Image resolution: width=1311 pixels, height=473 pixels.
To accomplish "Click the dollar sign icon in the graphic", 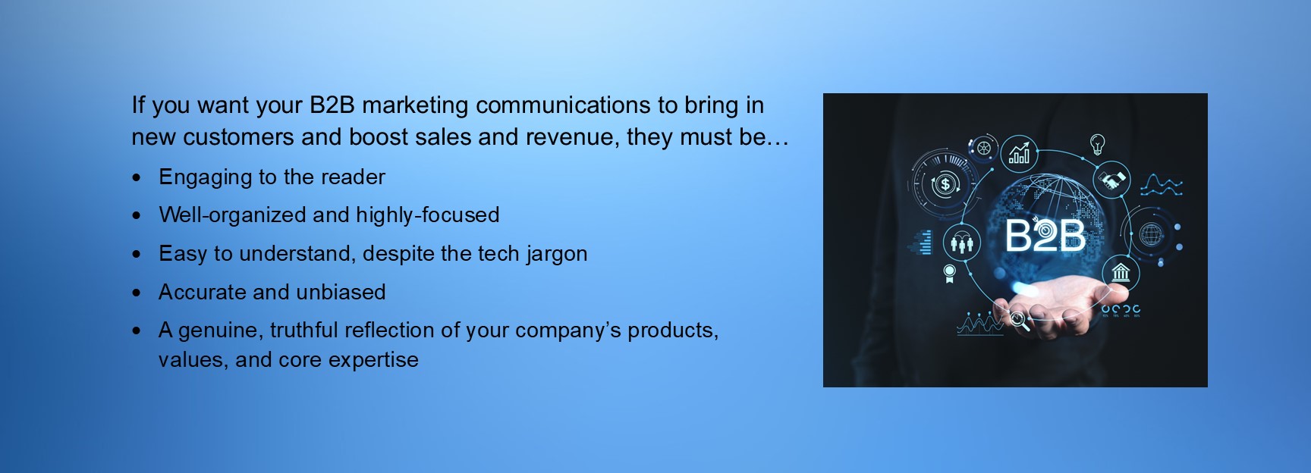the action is [x=945, y=183].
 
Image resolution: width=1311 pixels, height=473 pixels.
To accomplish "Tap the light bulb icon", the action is [x=1097, y=144].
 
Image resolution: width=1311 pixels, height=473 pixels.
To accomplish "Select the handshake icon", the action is [x=1112, y=180].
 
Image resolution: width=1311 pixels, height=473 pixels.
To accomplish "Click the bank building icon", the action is [x=1121, y=271].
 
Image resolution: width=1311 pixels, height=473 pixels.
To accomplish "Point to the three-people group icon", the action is [x=961, y=243].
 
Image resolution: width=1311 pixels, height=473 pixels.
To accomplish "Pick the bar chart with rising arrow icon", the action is [x=1020, y=154].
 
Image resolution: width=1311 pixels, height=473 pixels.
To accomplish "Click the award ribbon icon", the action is [x=948, y=274].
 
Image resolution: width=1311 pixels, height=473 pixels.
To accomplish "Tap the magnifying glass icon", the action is [x=1019, y=321].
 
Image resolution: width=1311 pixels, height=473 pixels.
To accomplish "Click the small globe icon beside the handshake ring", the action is [x=1151, y=234].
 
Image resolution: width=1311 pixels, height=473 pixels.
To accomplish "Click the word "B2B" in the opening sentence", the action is [x=332, y=105].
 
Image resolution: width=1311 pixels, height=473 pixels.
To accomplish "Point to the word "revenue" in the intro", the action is [x=577, y=137].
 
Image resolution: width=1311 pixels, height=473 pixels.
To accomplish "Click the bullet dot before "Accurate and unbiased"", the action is [x=137, y=293].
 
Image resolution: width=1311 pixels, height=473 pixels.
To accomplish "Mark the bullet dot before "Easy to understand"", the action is [x=137, y=254].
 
